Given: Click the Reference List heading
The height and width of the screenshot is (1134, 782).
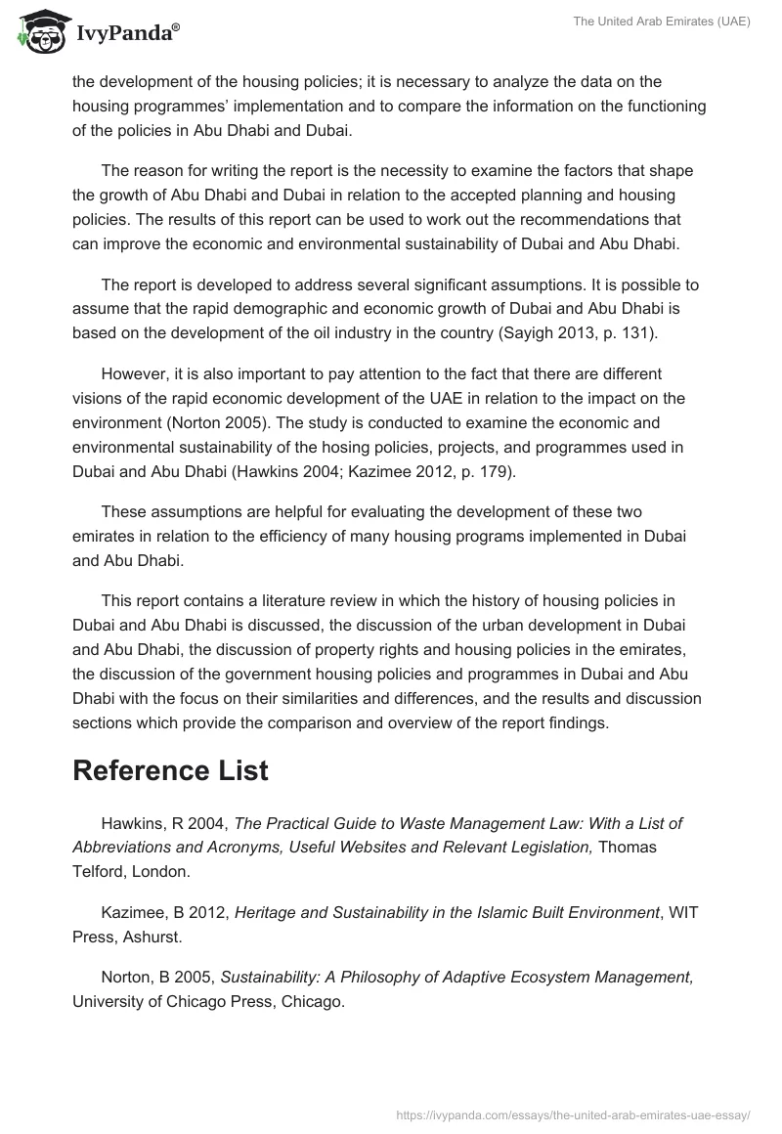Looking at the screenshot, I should click(170, 769).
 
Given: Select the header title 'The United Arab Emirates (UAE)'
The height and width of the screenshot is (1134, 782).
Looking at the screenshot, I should click(662, 21).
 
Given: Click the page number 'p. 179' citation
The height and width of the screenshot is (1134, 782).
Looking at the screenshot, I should click(481, 470).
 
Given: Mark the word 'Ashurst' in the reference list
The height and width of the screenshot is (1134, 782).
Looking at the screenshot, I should click(156, 936).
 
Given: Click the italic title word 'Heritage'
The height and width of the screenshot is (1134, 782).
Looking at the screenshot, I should click(267, 912).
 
